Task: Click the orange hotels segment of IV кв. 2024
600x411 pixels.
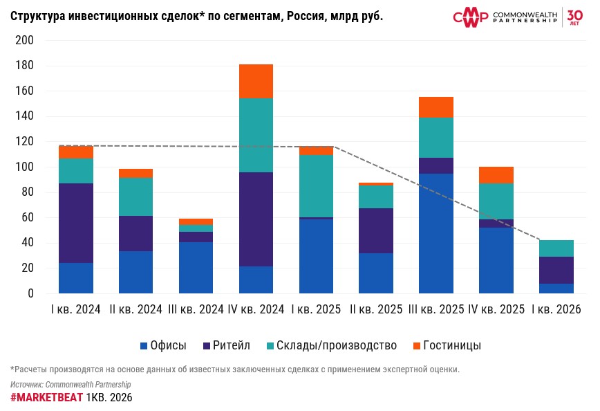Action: (256, 81)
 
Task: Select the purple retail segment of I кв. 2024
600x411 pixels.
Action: (76, 223)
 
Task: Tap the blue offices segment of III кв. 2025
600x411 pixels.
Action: (436, 233)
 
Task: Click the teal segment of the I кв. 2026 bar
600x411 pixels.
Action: (556, 248)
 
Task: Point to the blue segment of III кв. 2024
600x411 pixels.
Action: (196, 267)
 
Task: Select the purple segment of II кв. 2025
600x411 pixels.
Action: (376, 230)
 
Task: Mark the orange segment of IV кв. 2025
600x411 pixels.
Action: (496, 175)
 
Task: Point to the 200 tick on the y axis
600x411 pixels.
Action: (25, 41)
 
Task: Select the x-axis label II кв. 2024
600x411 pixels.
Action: (135, 309)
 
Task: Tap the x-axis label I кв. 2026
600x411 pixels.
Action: (556, 309)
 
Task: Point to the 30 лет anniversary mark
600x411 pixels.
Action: (576, 16)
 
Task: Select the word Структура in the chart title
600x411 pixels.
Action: (39, 16)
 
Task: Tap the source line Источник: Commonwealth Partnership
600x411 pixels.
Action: (71, 384)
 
